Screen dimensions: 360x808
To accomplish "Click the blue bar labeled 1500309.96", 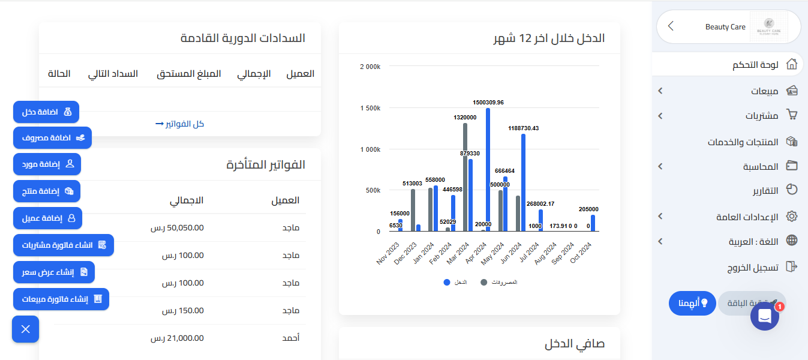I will coord(488,170).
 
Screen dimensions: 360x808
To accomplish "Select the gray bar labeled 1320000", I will coord(465,178).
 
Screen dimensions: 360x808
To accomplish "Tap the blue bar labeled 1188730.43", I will coord(523,182).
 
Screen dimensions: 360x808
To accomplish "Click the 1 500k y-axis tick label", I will coord(370,108).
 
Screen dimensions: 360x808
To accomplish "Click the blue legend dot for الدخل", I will coord(446,282).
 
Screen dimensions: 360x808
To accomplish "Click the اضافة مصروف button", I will coord(52,138).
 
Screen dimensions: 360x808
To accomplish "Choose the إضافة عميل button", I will coord(47,218).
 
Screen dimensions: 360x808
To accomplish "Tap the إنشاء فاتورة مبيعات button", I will coord(61,299).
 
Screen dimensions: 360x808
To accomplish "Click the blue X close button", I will coord(25,329).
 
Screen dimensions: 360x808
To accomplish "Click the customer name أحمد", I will coord(291,338).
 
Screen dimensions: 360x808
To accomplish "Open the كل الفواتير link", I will coord(179,124).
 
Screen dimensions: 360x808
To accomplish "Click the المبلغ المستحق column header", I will coord(189,74).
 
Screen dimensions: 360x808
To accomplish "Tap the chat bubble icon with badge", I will coord(765,316).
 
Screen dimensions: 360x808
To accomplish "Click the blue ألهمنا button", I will coord(693,303).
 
